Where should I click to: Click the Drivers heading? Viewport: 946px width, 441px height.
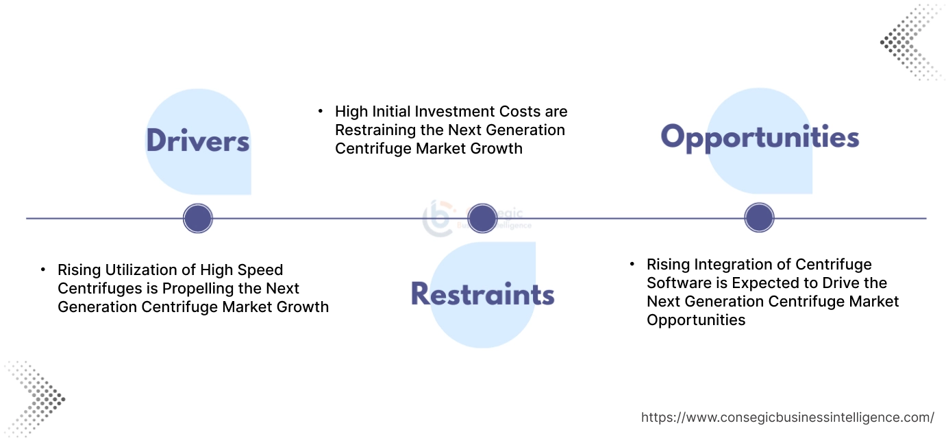(197, 141)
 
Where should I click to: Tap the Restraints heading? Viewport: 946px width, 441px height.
(482, 294)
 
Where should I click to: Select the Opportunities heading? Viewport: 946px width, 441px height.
(760, 137)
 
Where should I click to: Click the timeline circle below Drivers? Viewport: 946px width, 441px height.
(198, 219)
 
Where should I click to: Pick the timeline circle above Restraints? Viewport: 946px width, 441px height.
(482, 218)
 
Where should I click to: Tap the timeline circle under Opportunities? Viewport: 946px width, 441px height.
(759, 218)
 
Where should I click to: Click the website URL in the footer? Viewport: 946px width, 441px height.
(787, 417)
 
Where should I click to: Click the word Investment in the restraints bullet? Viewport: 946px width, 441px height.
(456, 111)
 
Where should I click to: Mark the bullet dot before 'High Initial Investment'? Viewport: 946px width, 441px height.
(320, 110)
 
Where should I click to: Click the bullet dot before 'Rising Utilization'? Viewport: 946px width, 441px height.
(43, 270)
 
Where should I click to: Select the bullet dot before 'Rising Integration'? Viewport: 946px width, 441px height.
(632, 264)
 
